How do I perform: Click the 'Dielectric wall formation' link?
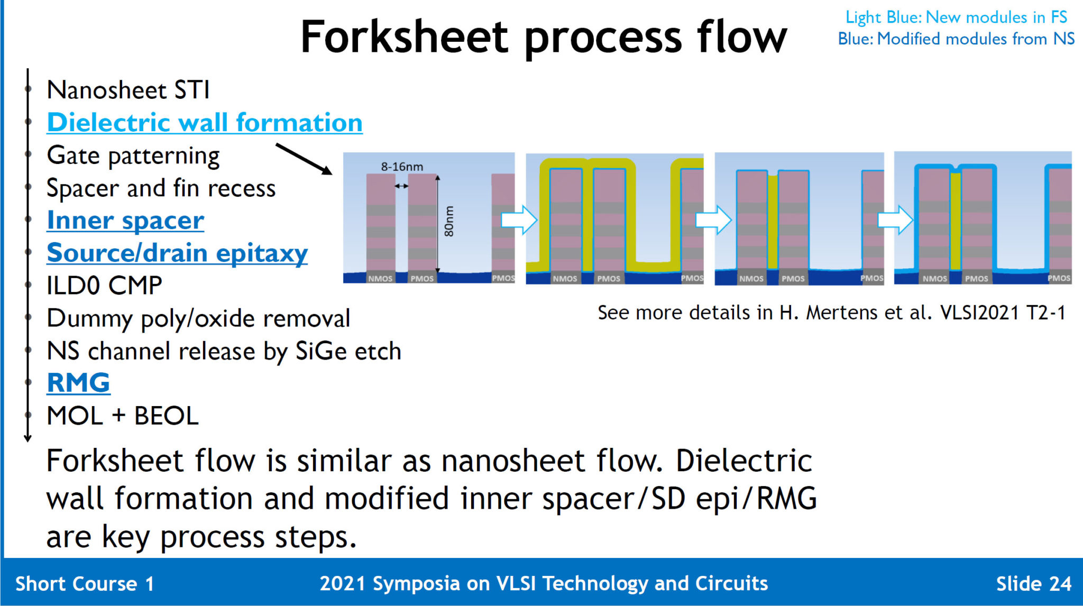[x=205, y=123]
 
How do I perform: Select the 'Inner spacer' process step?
[x=125, y=221]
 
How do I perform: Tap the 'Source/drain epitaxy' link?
[x=177, y=253]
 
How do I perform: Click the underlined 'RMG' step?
[x=78, y=383]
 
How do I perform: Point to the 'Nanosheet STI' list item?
[x=128, y=90]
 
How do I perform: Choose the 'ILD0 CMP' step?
[x=104, y=286]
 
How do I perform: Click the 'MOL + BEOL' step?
[x=123, y=416]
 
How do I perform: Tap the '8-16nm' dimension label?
[x=402, y=167]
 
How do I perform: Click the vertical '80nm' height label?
[x=448, y=221]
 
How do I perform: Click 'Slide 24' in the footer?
[x=1033, y=584]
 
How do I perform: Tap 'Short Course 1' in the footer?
[x=85, y=584]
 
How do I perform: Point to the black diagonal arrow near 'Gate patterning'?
[x=304, y=159]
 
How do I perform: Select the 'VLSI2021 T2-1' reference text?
[x=1003, y=313]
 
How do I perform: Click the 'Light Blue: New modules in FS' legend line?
[x=956, y=17]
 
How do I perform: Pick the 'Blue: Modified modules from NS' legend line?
[x=956, y=39]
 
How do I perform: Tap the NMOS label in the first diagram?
[x=380, y=279]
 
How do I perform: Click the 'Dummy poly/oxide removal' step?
[x=198, y=319]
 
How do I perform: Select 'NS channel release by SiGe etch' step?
[x=224, y=352]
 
